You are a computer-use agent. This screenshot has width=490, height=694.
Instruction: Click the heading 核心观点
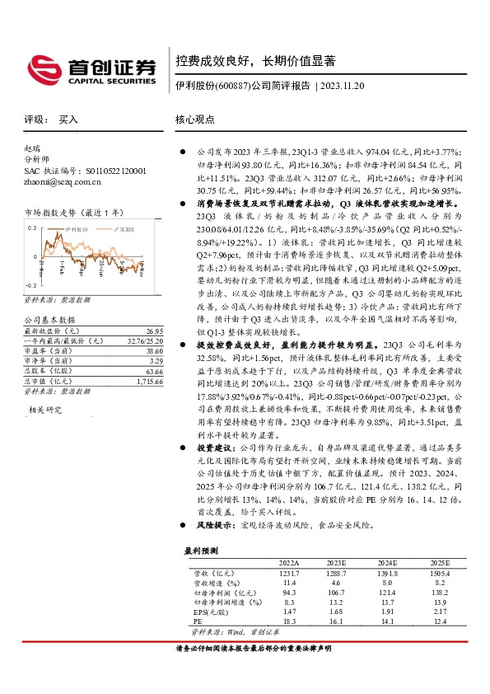click(x=194, y=119)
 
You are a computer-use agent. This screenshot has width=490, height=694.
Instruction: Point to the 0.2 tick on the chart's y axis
click(x=33, y=226)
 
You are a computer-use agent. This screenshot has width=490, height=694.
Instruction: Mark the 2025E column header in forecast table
click(x=441, y=561)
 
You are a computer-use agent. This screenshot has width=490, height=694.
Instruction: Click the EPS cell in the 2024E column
click(x=387, y=612)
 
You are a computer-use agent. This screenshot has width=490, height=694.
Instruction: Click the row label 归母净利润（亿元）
click(x=218, y=592)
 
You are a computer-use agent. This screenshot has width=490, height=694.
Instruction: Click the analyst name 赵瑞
click(x=32, y=148)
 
